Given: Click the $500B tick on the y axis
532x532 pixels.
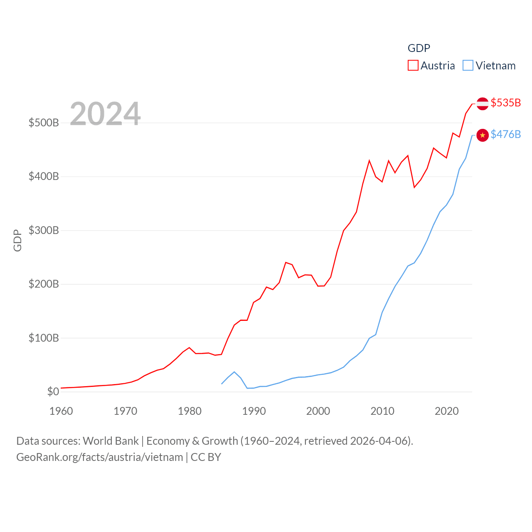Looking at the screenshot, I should tap(44, 123).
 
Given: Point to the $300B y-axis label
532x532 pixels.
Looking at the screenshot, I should tap(44, 230).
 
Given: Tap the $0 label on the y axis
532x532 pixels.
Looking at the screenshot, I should tap(53, 392).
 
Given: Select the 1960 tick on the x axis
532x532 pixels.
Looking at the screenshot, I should tap(61, 411).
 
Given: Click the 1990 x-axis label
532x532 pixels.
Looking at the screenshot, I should tap(254, 411).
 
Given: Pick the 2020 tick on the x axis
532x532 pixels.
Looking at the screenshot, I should tap(447, 411).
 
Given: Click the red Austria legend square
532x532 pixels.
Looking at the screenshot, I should tap(413, 66).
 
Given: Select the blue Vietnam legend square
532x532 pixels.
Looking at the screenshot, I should tap(468, 66).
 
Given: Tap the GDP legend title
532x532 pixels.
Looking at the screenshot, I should tap(419, 48).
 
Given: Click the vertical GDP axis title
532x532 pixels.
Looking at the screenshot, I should tap(17, 240).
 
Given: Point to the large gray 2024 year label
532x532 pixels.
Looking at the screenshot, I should tap(105, 114).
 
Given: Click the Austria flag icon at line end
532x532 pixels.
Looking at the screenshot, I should tap(482, 103).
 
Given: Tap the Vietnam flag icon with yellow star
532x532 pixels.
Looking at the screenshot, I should tap(482, 135).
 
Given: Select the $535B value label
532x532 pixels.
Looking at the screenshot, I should tap(505, 103).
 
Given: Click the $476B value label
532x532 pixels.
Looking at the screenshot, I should tap(505, 134).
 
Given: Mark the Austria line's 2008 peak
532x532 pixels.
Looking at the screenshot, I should tap(369, 160).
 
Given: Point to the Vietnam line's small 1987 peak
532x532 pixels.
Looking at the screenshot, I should tap(234, 372).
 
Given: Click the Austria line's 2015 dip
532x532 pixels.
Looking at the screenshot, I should tap(414, 187).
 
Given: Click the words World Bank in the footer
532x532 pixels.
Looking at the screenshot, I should tap(111, 441).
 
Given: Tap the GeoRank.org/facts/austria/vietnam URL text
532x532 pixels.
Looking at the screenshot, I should tap(100, 457).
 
